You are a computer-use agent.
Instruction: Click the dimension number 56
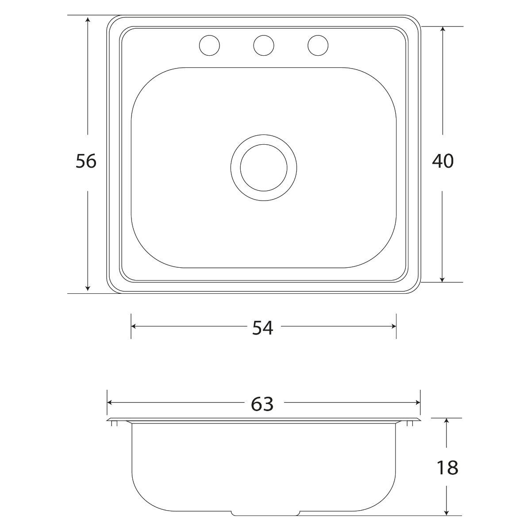86,161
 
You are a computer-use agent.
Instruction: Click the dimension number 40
442,161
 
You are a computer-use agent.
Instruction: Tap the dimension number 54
262,328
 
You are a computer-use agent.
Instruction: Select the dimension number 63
262,404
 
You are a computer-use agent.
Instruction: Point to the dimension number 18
447,468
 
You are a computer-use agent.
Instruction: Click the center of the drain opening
264,168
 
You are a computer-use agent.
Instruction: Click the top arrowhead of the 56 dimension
88,19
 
